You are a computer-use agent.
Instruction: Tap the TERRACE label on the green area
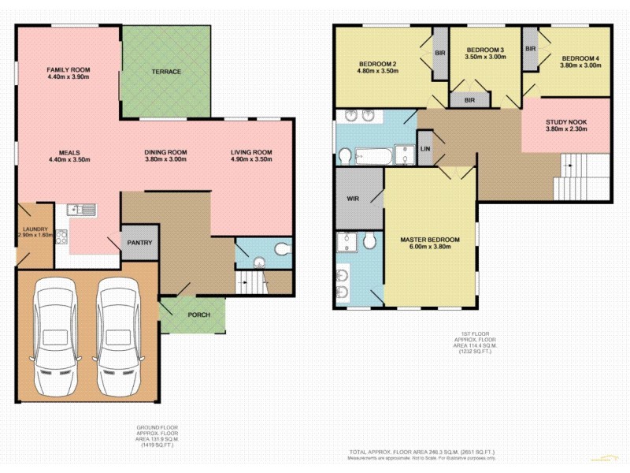pos(166,72)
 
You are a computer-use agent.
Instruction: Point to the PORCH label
pos(198,315)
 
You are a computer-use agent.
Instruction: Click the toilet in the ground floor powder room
pos(281,251)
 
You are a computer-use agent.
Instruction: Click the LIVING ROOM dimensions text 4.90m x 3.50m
pos(251,160)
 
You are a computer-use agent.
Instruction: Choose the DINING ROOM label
pos(165,152)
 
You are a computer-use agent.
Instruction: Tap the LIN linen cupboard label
pos(425,149)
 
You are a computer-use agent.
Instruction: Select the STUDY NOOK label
pos(566,122)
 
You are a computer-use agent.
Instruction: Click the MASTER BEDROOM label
pos(429,239)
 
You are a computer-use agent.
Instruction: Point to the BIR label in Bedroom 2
pos(439,53)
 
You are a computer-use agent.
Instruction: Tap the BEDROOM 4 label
pos(580,59)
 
